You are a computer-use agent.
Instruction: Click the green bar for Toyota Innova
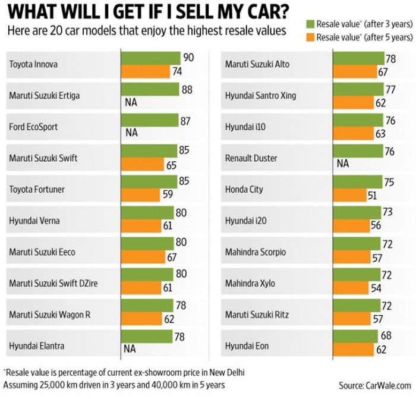click(151, 58)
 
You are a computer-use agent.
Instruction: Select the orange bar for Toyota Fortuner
click(140, 194)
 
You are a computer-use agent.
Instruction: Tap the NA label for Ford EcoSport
click(131, 133)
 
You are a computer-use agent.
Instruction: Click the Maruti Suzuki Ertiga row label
click(44, 95)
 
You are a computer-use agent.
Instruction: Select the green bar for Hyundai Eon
click(355, 337)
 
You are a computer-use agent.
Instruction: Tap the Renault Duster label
click(252, 159)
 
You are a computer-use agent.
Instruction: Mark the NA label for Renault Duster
click(343, 164)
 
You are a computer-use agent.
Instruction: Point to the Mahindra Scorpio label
click(255, 252)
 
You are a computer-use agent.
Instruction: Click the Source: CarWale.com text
click(374, 385)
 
